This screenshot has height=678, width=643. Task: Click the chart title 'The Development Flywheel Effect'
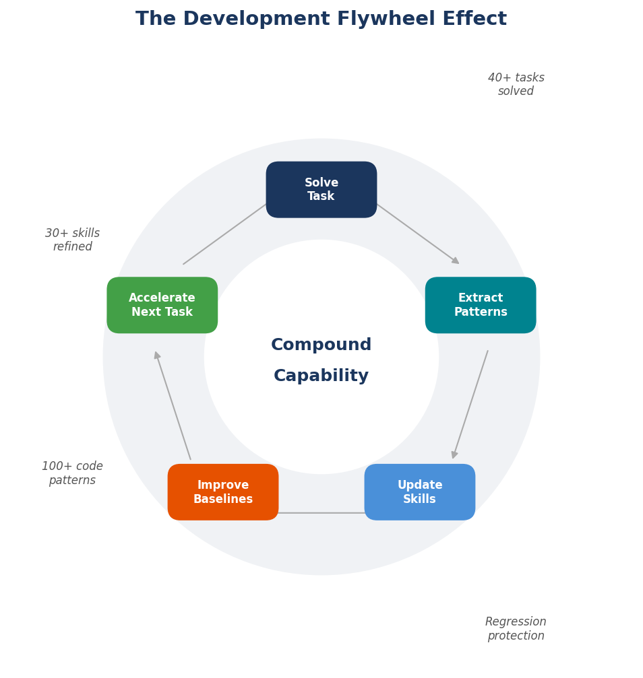pyautogui.click(x=321, y=19)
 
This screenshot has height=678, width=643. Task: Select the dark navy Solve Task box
pyautogui.click(x=321, y=190)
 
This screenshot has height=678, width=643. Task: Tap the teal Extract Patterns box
pyautogui.click(x=480, y=305)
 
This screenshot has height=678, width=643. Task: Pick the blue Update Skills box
pyautogui.click(x=419, y=492)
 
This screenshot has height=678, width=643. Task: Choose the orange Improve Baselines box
pyautogui.click(x=222, y=492)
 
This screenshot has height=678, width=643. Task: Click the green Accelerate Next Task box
pyautogui.click(x=162, y=305)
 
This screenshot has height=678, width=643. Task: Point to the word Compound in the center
pyautogui.click(x=321, y=345)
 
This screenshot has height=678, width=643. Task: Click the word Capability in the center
pyautogui.click(x=321, y=376)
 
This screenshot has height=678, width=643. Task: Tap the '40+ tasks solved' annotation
pyautogui.click(x=516, y=85)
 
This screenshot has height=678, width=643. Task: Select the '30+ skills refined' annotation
pyautogui.click(x=72, y=240)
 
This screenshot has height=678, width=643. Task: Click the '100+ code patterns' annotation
pyautogui.click(x=72, y=473)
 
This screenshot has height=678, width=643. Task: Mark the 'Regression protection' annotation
pyautogui.click(x=516, y=629)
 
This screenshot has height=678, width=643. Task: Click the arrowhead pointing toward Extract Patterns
pyautogui.click(x=456, y=261)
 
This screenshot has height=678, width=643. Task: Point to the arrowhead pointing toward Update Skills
pyautogui.click(x=454, y=455)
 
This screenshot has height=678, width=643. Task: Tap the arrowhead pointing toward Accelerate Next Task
pyautogui.click(x=156, y=355)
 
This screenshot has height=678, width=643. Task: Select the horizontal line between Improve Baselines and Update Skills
pyautogui.click(x=321, y=513)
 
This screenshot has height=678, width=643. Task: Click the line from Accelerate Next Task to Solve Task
pyautogui.click(x=224, y=234)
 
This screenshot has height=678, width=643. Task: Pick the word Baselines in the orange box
pyautogui.click(x=222, y=500)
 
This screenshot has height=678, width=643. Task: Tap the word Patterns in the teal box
pyautogui.click(x=480, y=312)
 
